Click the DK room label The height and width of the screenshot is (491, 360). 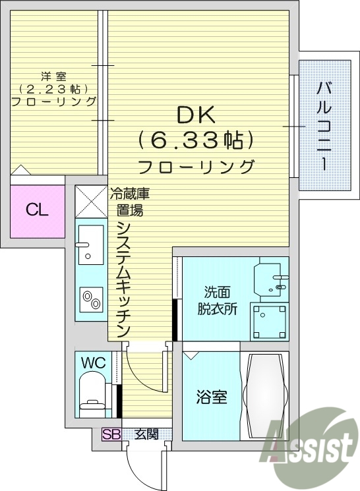click(195, 115)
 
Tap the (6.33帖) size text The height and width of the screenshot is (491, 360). click(196, 140)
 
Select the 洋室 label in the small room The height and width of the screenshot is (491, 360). click(53, 76)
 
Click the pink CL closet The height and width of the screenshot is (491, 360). click(38, 211)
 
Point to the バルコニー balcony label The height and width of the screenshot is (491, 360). click(324, 125)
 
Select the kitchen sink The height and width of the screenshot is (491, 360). click(88, 244)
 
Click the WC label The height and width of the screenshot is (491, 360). click(92, 362)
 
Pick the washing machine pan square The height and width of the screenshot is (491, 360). click(269, 321)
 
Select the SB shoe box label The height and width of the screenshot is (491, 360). click(110, 434)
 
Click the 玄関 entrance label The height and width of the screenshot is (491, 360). click(146, 434)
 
